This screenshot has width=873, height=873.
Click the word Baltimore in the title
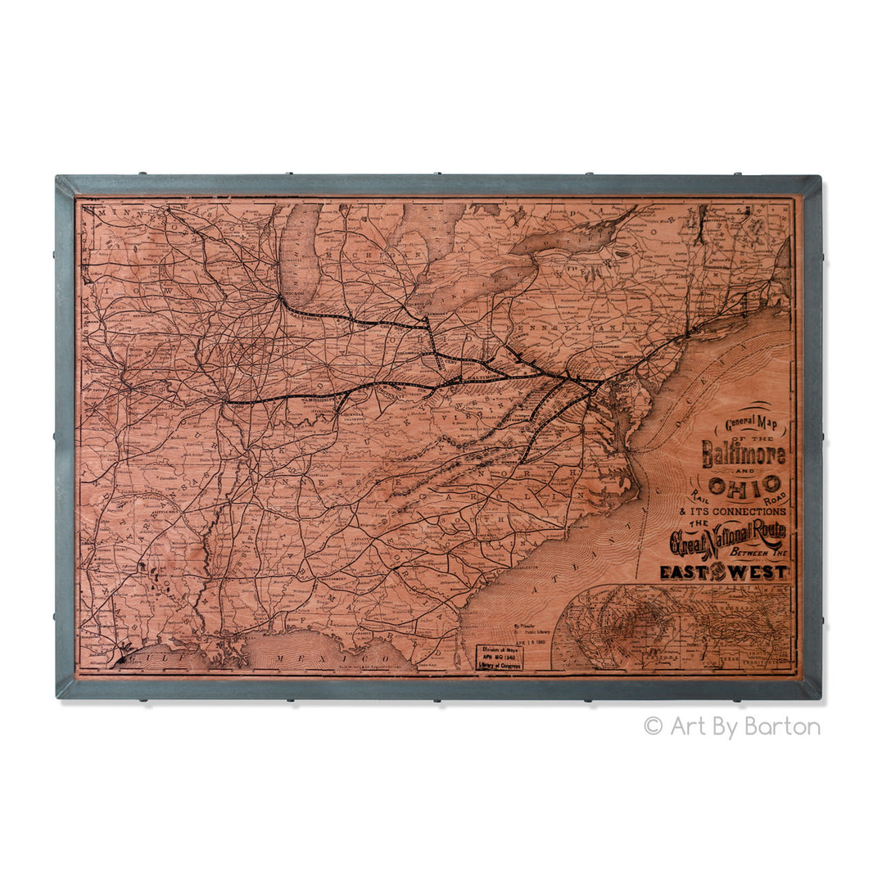tap(743, 454)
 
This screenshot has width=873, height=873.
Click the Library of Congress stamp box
tap(500, 657)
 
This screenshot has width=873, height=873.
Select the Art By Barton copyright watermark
tap(731, 726)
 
